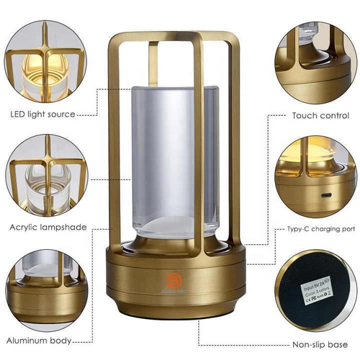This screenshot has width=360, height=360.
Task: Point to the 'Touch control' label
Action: tap(320, 114)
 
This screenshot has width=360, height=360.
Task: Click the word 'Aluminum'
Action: tap(25, 339)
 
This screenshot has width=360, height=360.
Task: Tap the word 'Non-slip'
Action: tap(308, 345)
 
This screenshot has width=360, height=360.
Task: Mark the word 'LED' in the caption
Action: tap(17, 114)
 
